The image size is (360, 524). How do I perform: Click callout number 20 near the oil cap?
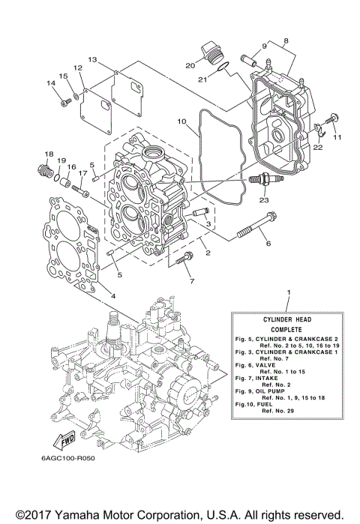[x=190, y=64]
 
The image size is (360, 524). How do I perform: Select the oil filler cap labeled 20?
[x=209, y=55]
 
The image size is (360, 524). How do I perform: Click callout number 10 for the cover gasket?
[x=181, y=121]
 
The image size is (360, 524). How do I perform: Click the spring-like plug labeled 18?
[x=46, y=173]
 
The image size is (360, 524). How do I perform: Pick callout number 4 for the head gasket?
[x=113, y=295]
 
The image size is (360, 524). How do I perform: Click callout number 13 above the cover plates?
[x=92, y=58]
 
